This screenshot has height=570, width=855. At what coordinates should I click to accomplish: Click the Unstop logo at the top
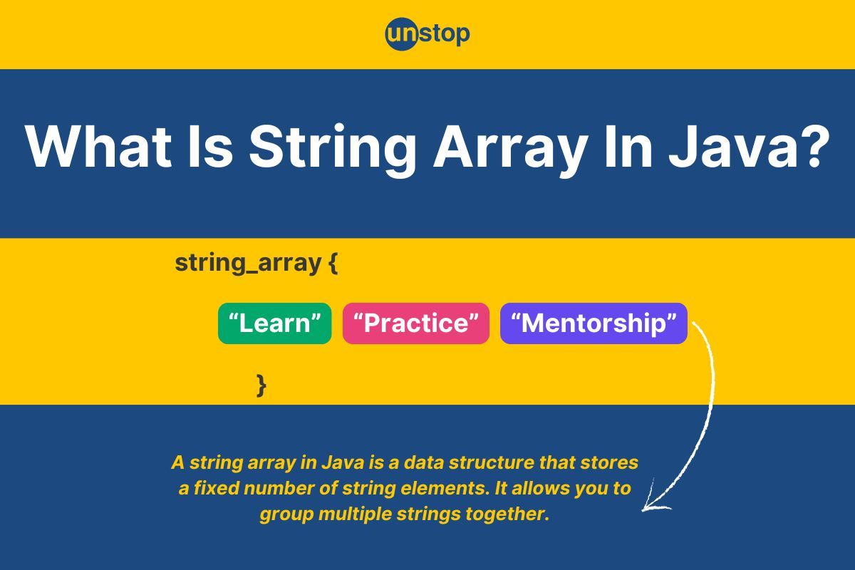pyautogui.click(x=427, y=33)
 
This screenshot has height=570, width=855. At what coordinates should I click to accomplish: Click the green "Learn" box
pyautogui.click(x=274, y=323)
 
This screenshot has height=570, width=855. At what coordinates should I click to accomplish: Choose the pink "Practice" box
pyautogui.click(x=416, y=323)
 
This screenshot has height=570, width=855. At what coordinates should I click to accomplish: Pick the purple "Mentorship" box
pyautogui.click(x=594, y=323)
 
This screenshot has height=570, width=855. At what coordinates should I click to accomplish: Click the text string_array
pyautogui.click(x=248, y=263)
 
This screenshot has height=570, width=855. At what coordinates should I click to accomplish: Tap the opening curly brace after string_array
pyautogui.click(x=333, y=263)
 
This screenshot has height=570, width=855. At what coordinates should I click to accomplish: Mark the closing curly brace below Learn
pyautogui.click(x=261, y=385)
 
